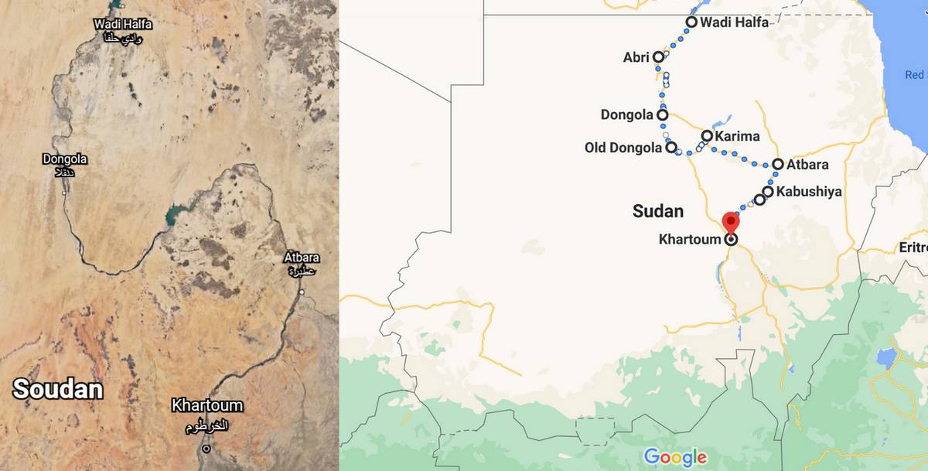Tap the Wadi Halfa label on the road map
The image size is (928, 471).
734,22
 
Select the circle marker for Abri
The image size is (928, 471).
658,56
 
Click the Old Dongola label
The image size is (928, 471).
623,147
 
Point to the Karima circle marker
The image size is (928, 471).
707,136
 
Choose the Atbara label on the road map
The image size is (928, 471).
807,164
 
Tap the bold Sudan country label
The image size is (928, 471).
658,210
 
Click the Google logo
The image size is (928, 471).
675,457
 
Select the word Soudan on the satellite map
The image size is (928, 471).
58,388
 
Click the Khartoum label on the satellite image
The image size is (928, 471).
206,405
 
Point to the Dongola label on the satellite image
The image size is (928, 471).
65,159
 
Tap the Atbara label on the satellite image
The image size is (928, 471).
302,258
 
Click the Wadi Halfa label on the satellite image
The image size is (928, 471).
123,25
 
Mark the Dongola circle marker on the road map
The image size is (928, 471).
663,115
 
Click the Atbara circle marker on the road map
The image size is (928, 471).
778,164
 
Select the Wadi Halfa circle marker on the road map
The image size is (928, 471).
691,22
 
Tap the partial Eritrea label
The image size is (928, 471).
913,247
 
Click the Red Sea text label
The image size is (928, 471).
915,75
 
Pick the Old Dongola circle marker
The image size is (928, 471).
670,147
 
